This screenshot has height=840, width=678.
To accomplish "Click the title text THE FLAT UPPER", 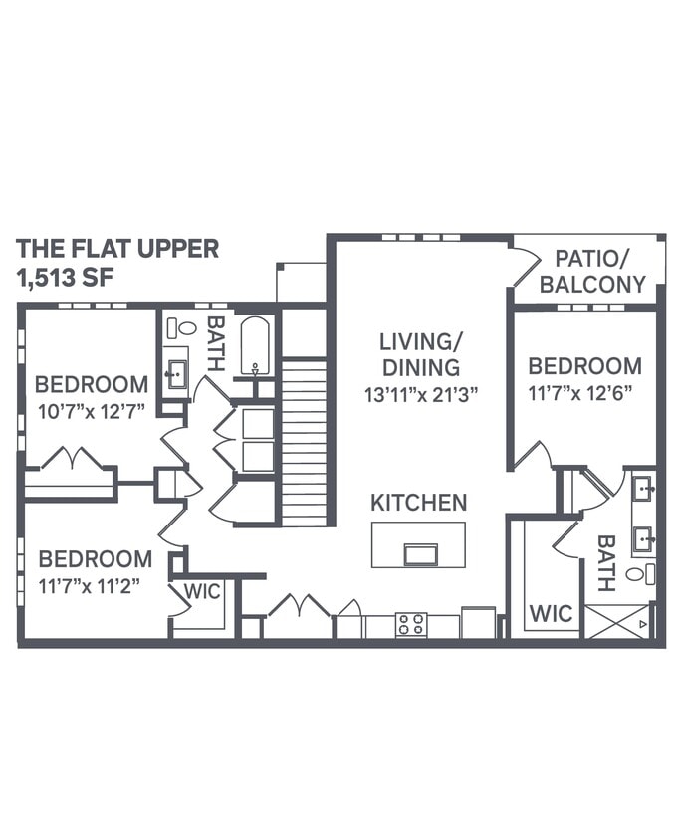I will tap(117, 249).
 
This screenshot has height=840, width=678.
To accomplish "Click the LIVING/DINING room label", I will tap(420, 354).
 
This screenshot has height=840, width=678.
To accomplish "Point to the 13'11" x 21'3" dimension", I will tap(421, 393).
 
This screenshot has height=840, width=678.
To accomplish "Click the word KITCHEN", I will tap(418, 503).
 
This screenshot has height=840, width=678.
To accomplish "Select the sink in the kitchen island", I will tap(420, 553).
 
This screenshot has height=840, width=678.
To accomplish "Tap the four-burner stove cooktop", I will tap(411, 624).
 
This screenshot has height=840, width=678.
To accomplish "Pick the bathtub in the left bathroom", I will tap(255, 345).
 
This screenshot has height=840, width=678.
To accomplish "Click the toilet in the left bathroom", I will tap(184, 328).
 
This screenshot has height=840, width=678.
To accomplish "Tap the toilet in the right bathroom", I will tap(647, 574).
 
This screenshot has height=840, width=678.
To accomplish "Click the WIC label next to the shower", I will tap(551, 613).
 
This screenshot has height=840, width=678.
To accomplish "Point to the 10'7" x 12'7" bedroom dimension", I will tap(91, 411).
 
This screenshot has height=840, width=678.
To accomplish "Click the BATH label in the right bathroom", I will tap(605, 563).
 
